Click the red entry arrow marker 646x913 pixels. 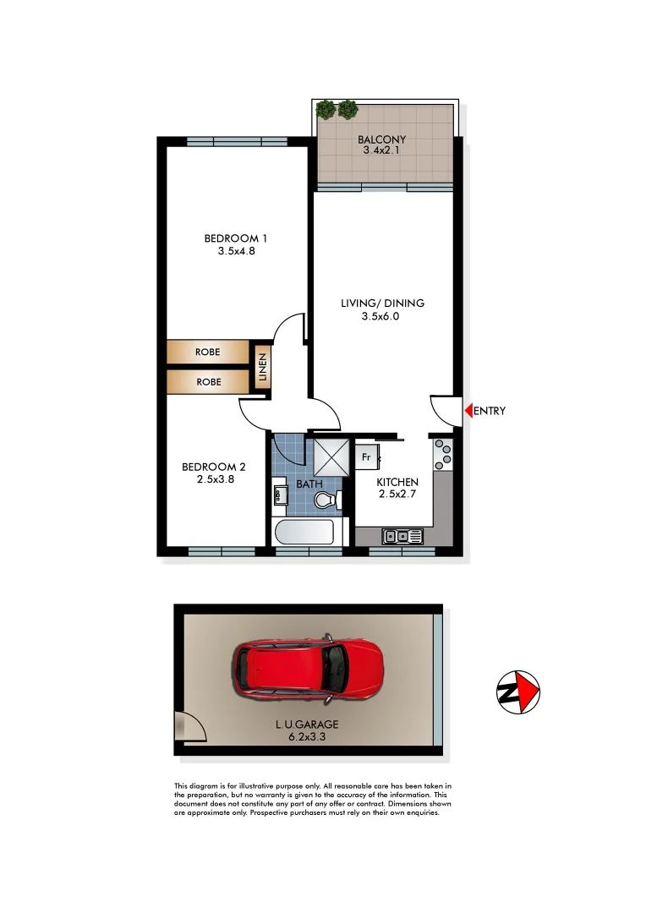[468, 412]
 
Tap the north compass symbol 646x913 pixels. [517, 692]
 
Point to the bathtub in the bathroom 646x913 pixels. [305, 533]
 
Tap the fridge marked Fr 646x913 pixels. [367, 457]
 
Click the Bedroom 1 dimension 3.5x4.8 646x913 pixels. [230, 249]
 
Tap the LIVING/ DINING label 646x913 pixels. [382, 303]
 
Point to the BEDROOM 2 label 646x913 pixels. [214, 467]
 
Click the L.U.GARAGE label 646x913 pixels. [306, 724]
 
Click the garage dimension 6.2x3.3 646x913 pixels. [306, 737]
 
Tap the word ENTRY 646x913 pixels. [490, 412]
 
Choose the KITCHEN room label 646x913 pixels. [397, 482]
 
